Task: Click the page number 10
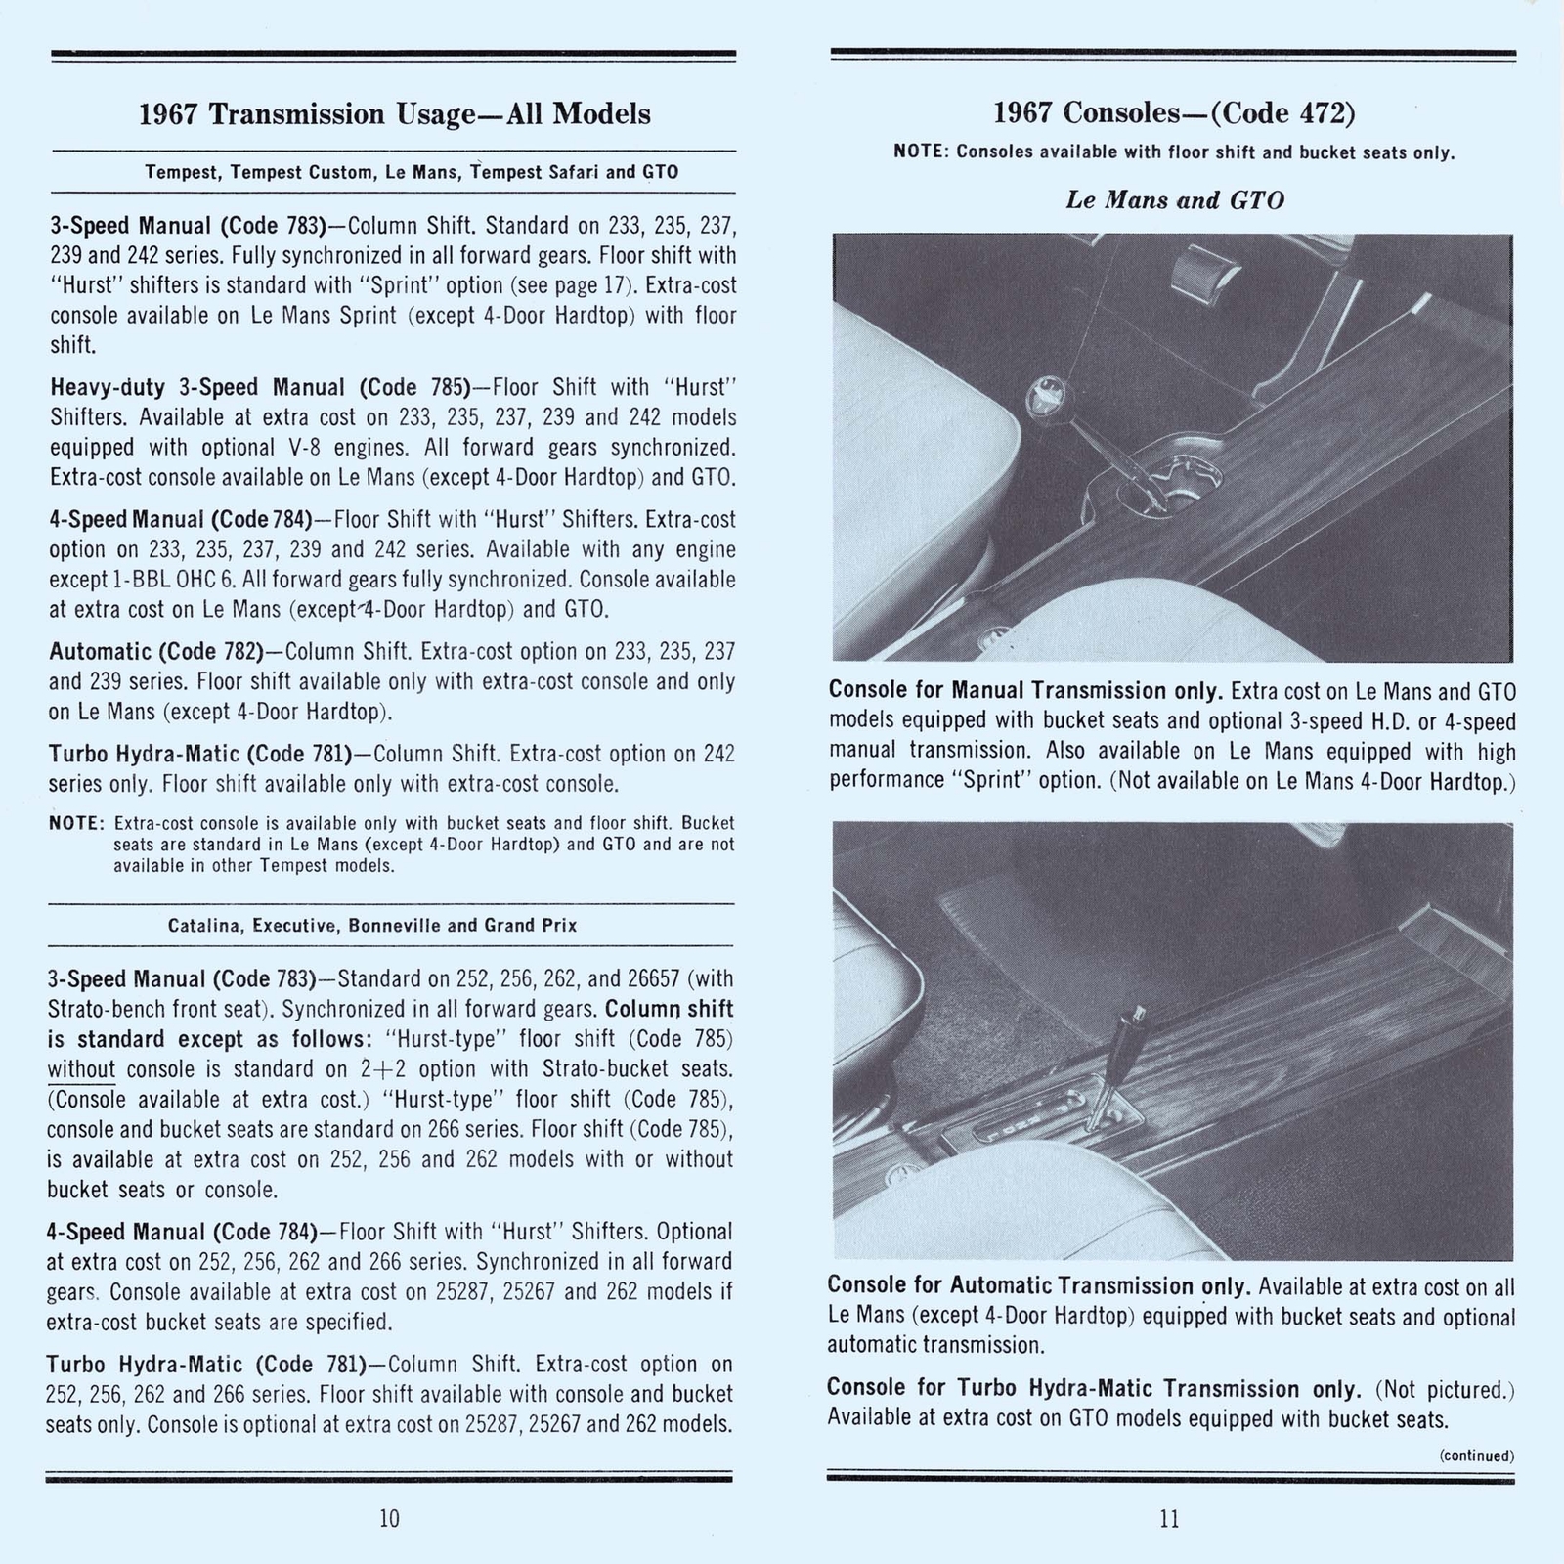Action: click(x=389, y=1518)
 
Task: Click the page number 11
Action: click(x=1169, y=1518)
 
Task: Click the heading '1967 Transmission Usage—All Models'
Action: click(x=394, y=114)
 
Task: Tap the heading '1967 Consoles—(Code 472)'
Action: click(x=1174, y=113)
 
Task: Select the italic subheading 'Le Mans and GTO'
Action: click(x=1174, y=200)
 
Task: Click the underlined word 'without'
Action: click(x=81, y=1069)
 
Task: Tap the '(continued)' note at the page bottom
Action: click(x=1476, y=1455)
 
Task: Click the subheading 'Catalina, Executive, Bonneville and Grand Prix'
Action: click(x=372, y=925)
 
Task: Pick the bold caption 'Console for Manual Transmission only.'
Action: click(x=1025, y=691)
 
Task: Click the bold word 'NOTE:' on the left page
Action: click(x=76, y=823)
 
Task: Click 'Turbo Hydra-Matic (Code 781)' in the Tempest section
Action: click(x=199, y=754)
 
